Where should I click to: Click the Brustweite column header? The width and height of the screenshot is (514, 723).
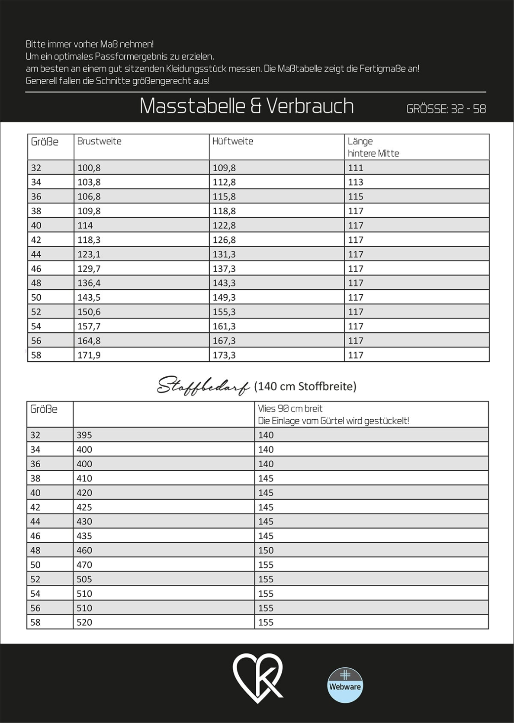coord(100,141)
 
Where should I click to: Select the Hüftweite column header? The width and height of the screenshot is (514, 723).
coord(233,141)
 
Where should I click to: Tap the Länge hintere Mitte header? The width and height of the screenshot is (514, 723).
coord(373,147)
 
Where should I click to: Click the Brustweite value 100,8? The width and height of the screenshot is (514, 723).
coord(89,168)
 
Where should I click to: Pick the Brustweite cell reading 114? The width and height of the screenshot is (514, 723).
coord(85,225)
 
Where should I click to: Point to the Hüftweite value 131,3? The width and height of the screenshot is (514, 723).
coord(224,254)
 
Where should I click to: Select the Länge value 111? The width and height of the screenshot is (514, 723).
coord(356,168)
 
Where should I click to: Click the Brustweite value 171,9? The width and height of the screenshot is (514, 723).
coord(89,355)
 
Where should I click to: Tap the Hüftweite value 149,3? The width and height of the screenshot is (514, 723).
coord(224,298)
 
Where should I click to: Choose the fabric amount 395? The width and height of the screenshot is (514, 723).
coord(84,435)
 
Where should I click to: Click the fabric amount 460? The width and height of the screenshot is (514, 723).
coord(84,550)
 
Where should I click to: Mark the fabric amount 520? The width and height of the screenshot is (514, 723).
coord(84,623)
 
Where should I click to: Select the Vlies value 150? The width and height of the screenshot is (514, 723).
coord(266,550)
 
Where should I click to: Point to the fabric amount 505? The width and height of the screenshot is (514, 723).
coord(84,579)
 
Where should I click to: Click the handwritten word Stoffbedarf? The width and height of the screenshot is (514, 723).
coord(203,386)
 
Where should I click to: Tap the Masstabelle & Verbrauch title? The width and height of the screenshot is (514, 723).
coord(247,106)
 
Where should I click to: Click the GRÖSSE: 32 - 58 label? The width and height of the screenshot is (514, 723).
coord(446,109)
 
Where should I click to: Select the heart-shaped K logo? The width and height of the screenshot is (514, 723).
coord(257,678)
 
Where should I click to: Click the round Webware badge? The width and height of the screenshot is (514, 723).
coord(345,685)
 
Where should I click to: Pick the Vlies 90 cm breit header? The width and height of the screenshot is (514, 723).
coord(290,409)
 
